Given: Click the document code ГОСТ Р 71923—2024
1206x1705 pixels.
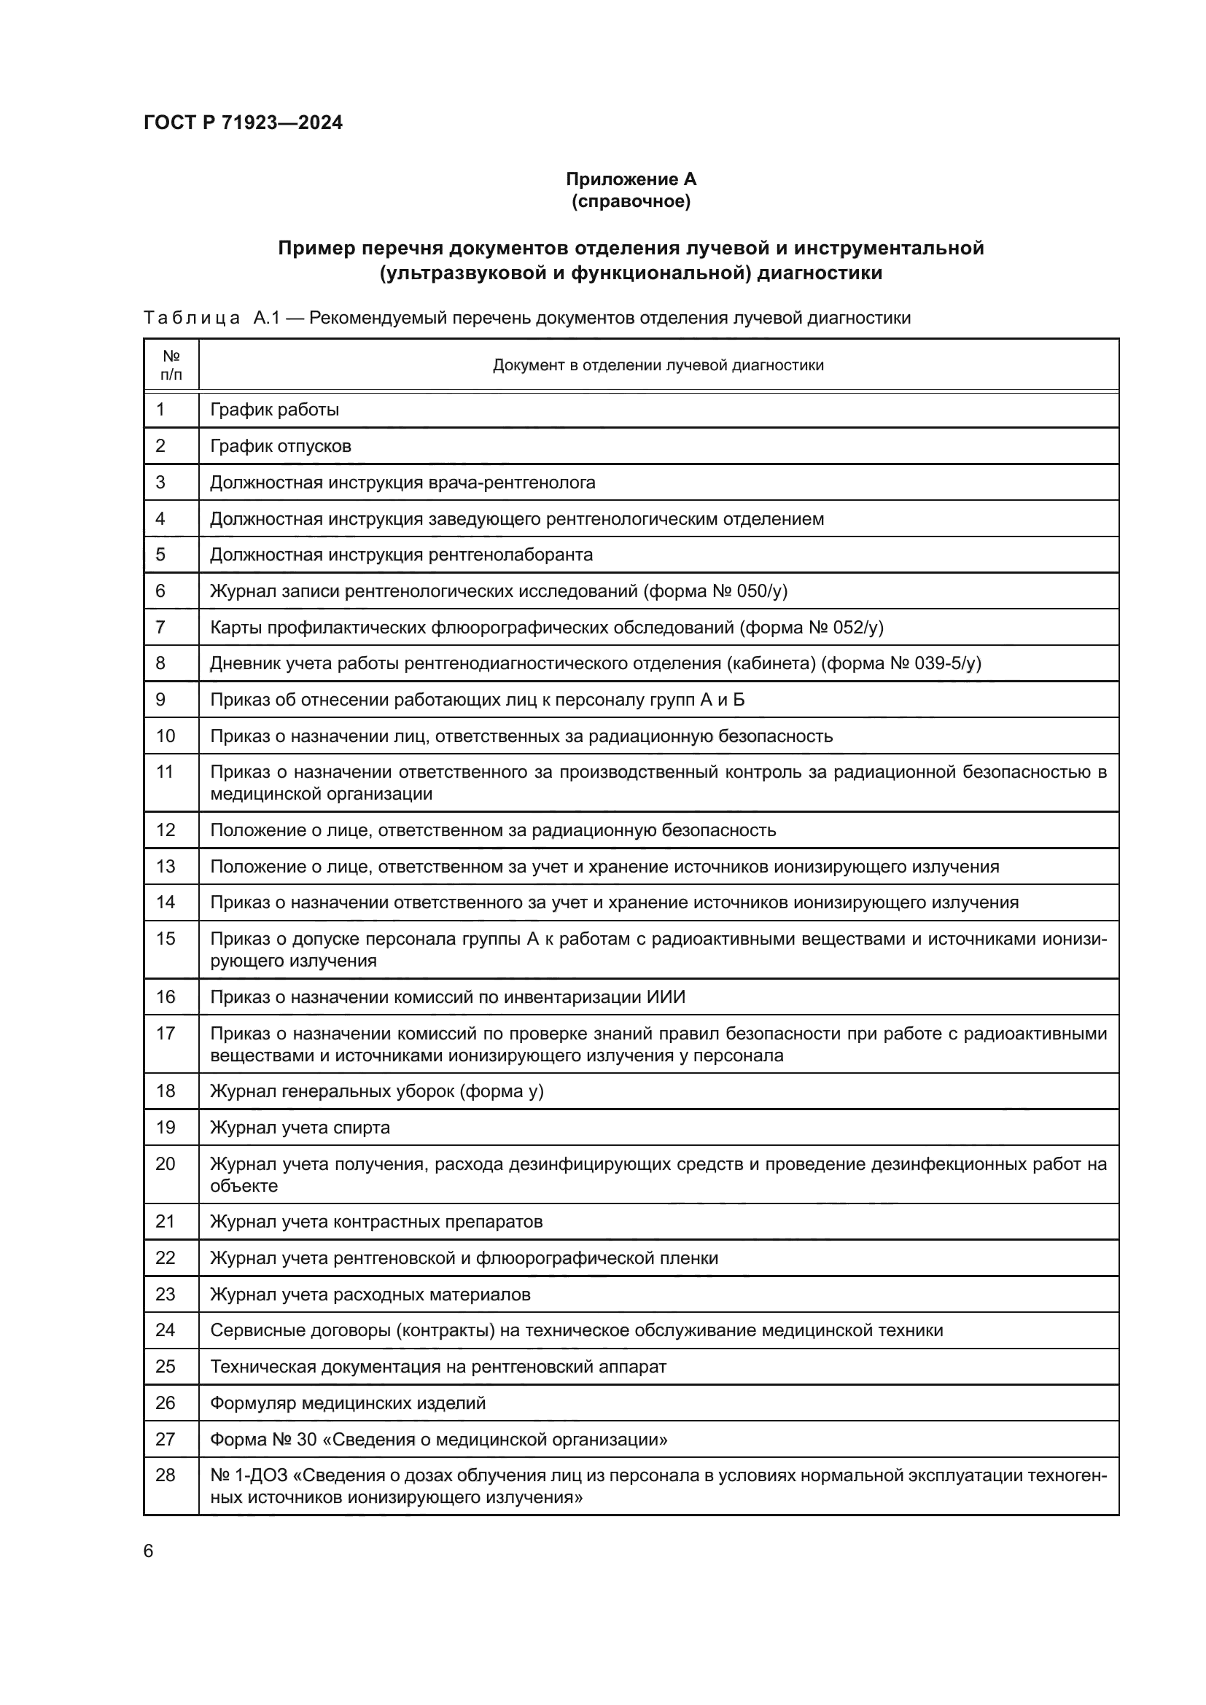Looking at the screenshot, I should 243,123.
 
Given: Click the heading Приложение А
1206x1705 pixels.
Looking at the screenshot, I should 631,179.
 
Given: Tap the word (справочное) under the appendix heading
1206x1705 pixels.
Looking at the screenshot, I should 631,201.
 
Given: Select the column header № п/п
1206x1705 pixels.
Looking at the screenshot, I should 171,364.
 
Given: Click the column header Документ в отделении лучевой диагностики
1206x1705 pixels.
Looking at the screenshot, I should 658,365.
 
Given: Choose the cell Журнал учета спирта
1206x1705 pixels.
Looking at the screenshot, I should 300,1127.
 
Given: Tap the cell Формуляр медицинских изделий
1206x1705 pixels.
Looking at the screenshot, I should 348,1402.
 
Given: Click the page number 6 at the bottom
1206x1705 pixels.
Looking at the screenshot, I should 149,1550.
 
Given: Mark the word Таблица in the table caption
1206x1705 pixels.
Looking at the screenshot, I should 192,319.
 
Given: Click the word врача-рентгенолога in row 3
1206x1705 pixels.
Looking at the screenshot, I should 512,483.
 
